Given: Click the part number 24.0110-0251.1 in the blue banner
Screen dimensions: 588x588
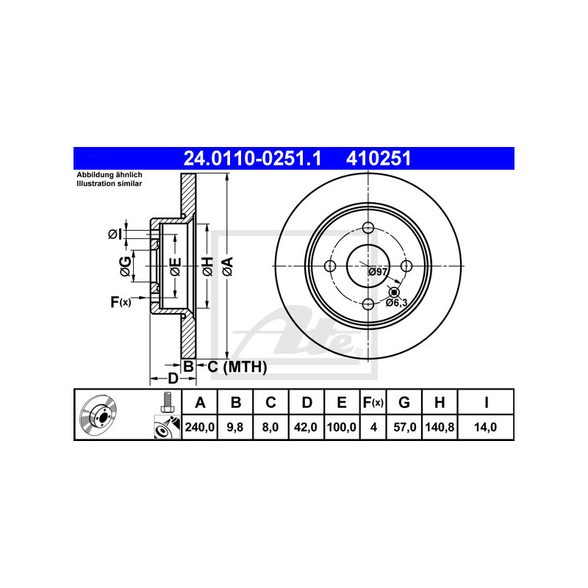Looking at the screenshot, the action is tap(252, 158).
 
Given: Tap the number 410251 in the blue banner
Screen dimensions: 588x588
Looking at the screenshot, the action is tap(379, 158).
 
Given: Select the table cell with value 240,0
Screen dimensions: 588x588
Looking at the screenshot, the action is tap(199, 427).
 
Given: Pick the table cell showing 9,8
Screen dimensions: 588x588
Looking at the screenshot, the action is tap(235, 427).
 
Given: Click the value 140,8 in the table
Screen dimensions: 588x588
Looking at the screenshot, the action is tap(440, 427).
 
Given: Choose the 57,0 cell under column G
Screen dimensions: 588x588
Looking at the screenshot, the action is tap(404, 427).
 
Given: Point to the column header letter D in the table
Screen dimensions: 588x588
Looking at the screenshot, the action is tap(306, 402).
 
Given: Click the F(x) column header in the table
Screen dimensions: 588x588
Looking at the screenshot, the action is tap(373, 402).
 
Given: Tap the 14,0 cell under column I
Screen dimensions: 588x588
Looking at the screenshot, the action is tap(485, 427).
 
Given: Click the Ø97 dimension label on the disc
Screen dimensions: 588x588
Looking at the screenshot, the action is tap(378, 272).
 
